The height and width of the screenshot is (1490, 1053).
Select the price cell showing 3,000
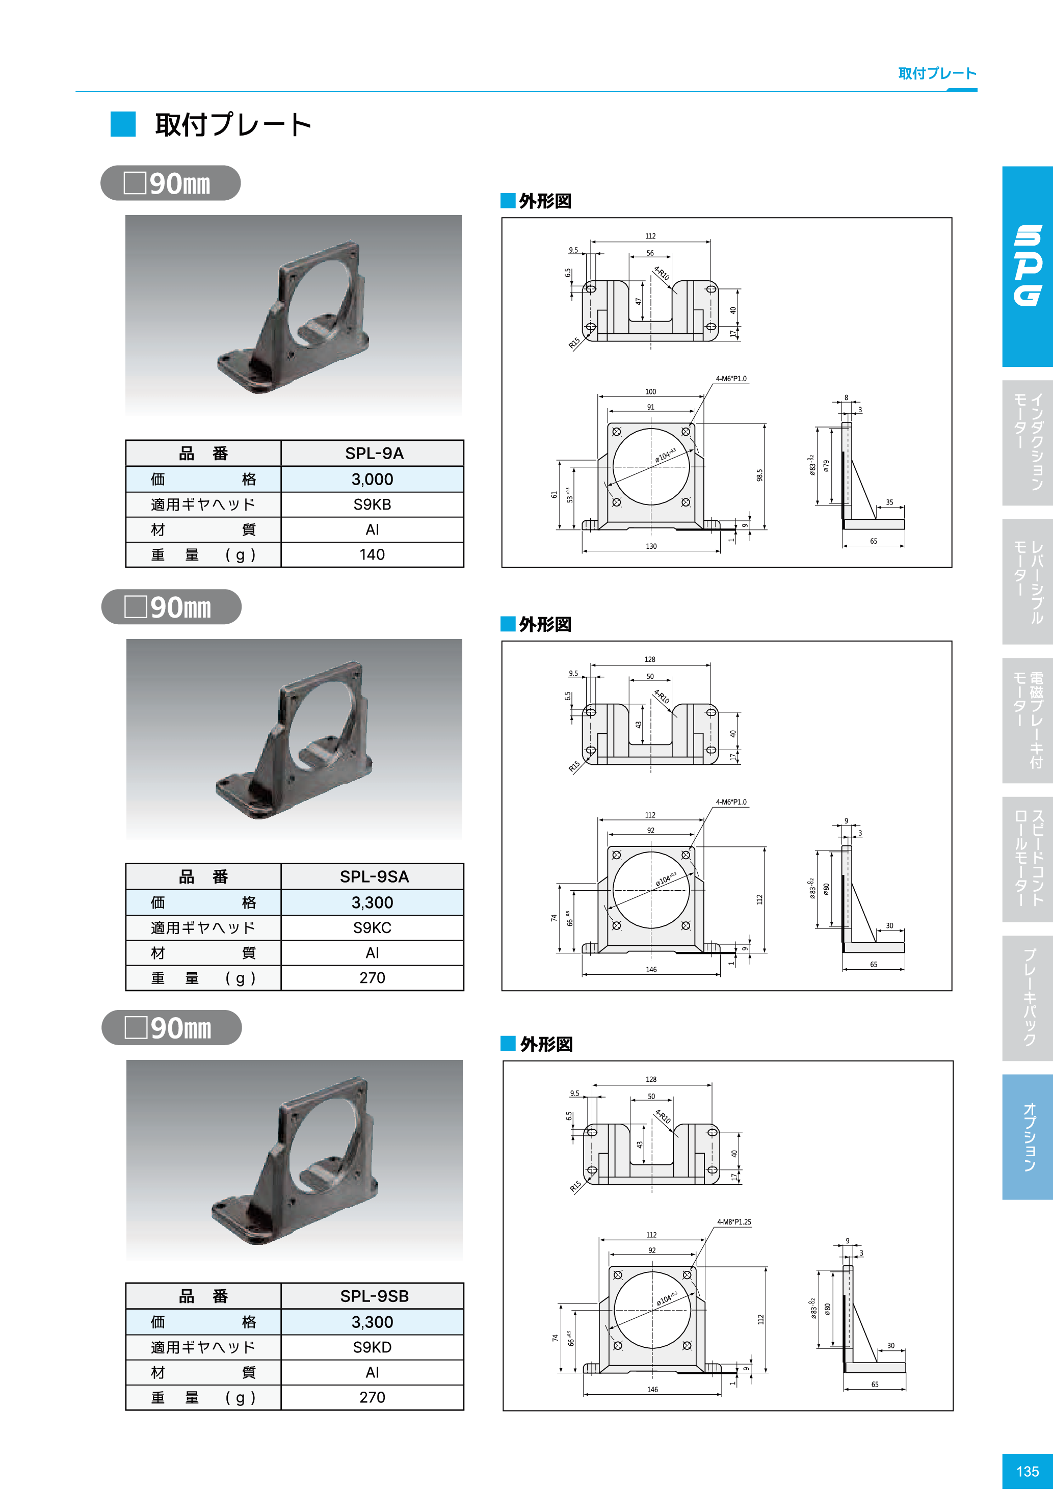[372, 479]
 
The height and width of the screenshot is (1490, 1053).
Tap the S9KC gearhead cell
[372, 927]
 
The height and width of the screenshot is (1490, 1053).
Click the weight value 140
[372, 555]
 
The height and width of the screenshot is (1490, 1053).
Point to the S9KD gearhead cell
[372, 1347]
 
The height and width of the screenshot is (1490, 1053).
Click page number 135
[1027, 1471]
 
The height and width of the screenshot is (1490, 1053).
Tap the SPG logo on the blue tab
[1028, 265]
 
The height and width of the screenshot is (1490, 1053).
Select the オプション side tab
[1028, 1137]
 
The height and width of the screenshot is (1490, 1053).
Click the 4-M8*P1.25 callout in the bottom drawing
[733, 1222]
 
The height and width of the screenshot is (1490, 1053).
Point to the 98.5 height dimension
[759, 475]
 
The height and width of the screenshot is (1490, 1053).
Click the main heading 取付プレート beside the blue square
[233, 125]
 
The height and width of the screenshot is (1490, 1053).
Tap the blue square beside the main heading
[123, 124]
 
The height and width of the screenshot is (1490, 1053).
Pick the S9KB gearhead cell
[372, 504]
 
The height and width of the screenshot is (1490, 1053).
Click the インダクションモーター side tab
[1028, 443]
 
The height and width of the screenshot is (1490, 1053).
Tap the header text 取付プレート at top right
[937, 73]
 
